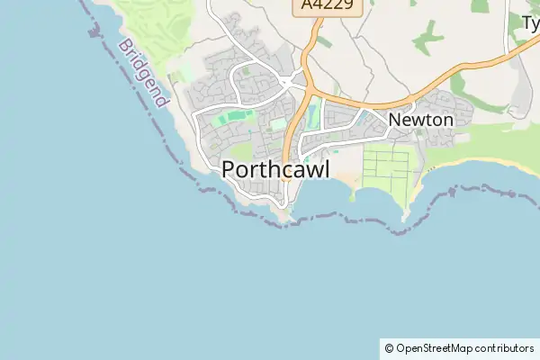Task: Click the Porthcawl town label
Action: [275, 169]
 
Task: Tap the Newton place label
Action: [420, 120]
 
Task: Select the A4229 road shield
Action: [328, 7]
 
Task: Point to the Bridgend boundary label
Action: [143, 73]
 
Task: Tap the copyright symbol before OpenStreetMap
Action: [388, 348]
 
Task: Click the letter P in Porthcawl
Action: [229, 169]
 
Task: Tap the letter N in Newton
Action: [395, 120]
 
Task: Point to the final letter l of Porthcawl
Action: [327, 169]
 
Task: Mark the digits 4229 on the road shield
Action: [336, 7]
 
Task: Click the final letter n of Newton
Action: [446, 120]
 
